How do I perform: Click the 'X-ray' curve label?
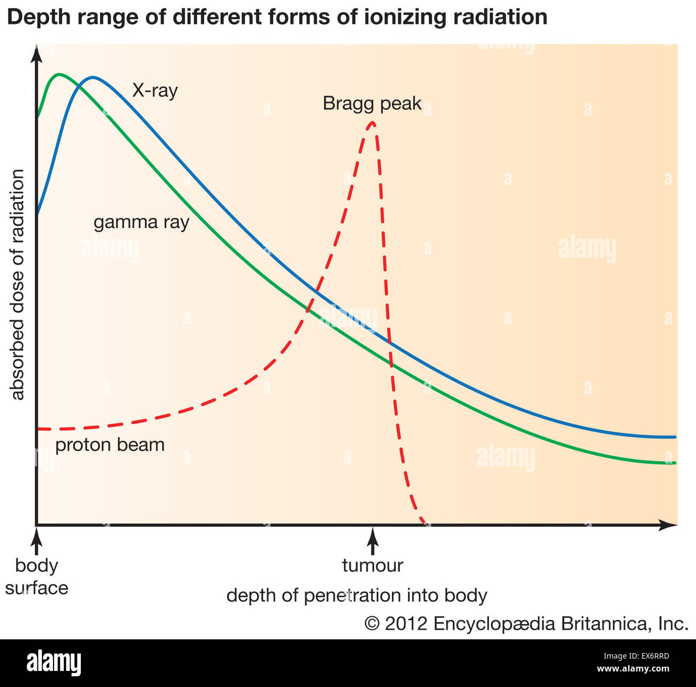coord(155,90)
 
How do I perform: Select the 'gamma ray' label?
coord(141,222)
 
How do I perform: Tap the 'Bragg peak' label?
coord(372,103)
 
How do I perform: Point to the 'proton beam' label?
coord(110,445)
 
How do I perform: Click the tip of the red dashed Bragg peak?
coord(372,123)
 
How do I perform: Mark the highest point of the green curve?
coord(58,74)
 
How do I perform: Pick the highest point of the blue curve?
coord(93,78)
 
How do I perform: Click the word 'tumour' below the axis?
coord(372,565)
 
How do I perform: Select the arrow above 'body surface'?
coord(36,541)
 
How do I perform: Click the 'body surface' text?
coord(36,577)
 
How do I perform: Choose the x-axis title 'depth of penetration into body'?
coord(357,595)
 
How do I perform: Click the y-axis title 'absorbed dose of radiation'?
coord(18,284)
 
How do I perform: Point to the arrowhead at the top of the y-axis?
coord(36,54)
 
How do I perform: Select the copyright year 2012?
coord(406,624)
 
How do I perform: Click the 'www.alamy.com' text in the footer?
coord(633,669)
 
